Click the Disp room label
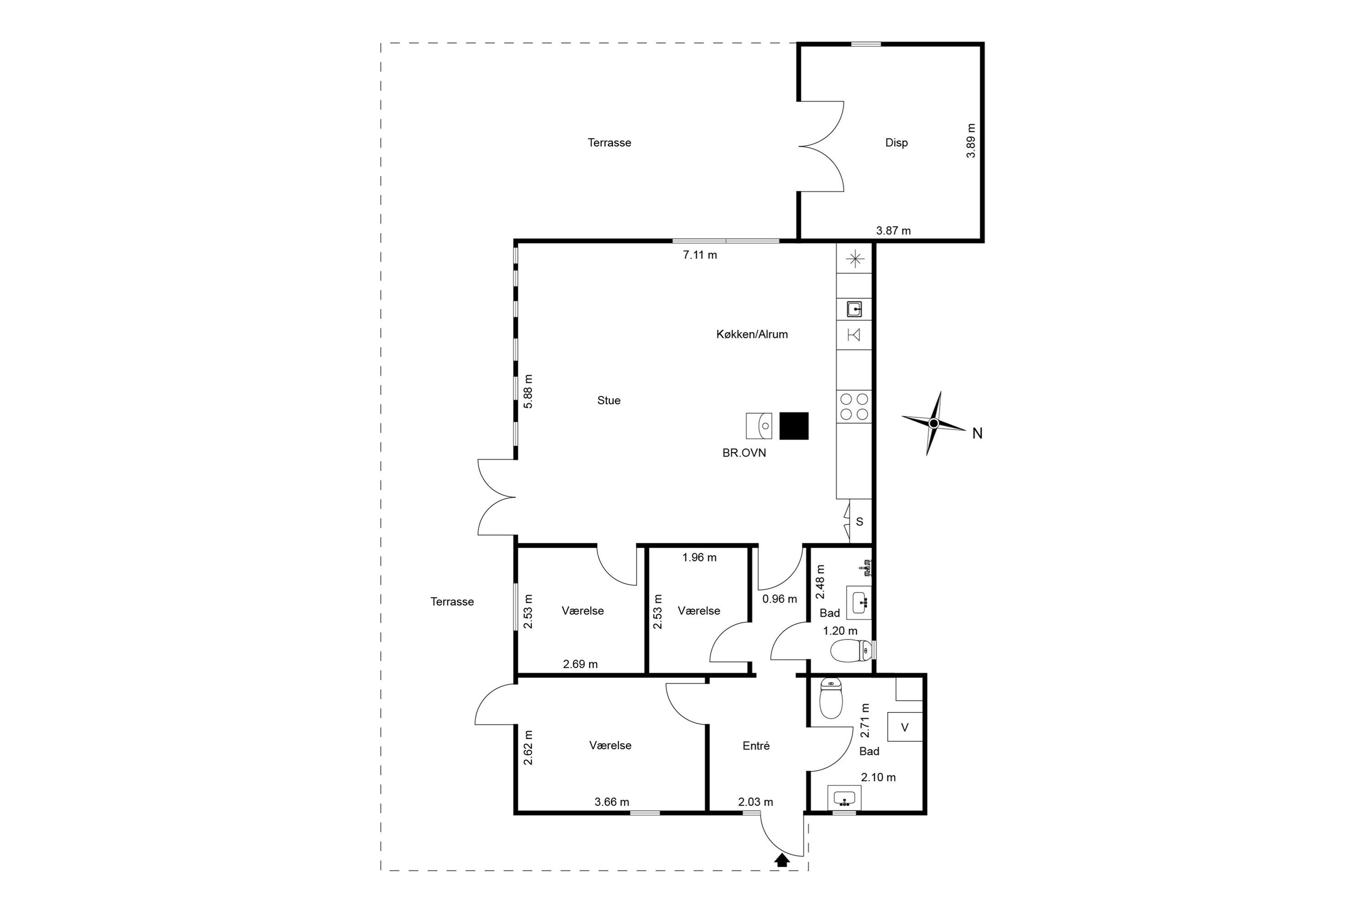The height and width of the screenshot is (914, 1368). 896,143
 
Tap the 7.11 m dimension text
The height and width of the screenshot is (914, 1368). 700,255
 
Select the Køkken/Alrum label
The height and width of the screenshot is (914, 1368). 751,334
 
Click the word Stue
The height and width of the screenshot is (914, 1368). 609,400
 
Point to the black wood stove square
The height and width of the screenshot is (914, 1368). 793,426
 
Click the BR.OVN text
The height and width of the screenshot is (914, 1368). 744,453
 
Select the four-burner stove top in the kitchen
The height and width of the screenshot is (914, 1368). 854,407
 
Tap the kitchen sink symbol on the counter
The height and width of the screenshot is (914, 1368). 854,308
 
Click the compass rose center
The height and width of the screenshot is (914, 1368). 933,423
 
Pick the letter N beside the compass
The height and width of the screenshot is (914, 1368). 978,433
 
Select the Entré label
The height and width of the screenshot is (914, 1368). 756,746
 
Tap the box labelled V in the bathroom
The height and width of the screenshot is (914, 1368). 905,727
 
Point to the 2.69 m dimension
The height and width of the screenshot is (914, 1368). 580,664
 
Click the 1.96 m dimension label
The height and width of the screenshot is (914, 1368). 699,557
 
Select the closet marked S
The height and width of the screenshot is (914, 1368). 860,521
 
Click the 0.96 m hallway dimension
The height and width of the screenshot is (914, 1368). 780,599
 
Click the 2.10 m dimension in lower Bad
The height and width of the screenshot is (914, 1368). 878,777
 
